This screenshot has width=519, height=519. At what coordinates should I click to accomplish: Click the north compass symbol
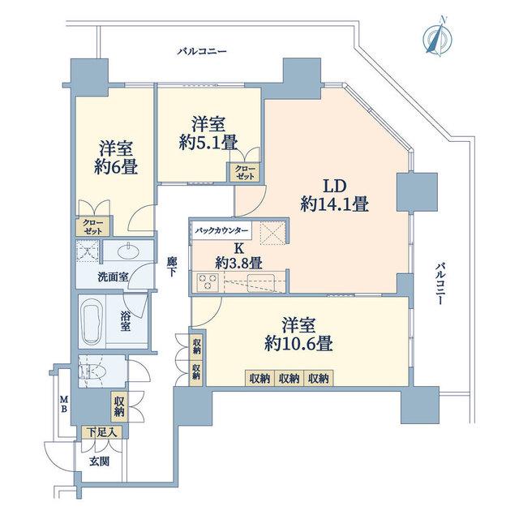439,37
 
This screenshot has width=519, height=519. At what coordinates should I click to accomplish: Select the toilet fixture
92,371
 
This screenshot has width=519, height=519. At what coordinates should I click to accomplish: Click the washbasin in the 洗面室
128,251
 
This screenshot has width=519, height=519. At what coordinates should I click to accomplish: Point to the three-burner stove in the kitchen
208,281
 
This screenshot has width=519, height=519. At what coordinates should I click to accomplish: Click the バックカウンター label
221,230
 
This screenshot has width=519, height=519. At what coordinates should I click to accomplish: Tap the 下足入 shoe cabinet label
102,432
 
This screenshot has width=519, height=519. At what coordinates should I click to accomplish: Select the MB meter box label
63,404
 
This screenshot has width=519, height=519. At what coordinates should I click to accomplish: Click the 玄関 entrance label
99,461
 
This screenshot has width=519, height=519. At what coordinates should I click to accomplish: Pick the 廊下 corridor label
171,267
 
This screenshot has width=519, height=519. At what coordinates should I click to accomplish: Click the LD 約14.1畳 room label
335,195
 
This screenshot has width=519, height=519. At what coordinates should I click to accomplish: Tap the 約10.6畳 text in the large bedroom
298,344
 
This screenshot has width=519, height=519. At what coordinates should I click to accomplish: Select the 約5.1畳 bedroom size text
208,144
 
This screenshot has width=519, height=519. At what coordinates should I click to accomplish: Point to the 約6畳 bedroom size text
116,167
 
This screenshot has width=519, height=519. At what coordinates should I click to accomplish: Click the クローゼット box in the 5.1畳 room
245,172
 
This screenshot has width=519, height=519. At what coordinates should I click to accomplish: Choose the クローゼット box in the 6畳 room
93,227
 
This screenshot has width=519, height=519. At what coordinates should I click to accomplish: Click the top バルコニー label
202,52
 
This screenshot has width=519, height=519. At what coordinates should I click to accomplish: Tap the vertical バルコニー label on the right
439,284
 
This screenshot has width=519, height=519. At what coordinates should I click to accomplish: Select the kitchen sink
261,282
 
